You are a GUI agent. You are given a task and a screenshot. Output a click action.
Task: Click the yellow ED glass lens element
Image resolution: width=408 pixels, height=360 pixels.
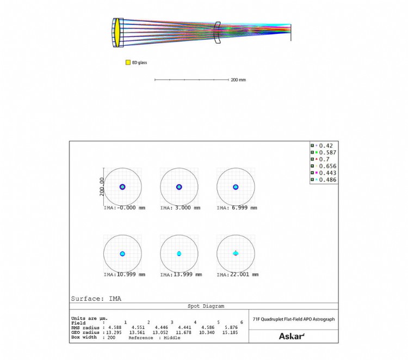[x=118, y=33]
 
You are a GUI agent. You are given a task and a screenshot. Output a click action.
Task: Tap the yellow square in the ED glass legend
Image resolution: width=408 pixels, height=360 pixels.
[x=128, y=63]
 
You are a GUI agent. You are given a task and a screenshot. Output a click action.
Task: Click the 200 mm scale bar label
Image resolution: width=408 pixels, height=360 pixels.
[x=238, y=80]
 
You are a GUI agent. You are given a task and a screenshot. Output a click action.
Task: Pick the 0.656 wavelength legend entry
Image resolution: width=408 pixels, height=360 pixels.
[x=324, y=166]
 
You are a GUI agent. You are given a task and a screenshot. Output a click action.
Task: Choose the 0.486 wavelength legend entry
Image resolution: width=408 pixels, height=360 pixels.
[x=324, y=180]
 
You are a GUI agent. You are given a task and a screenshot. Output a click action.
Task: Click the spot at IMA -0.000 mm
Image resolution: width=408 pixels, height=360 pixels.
[x=122, y=187]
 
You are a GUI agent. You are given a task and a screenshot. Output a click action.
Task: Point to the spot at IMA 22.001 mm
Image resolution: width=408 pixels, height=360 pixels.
[x=236, y=253]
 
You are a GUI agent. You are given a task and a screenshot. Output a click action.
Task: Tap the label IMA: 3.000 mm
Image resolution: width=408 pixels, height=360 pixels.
[x=180, y=208]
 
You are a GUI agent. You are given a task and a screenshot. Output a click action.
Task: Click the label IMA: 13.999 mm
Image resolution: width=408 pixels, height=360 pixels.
[x=181, y=274]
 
